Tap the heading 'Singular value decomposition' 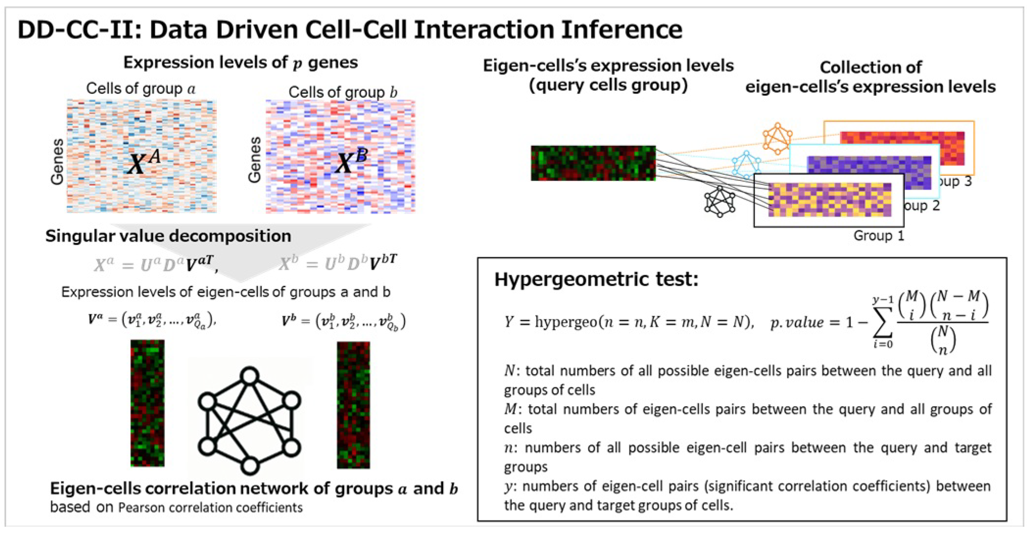click(168, 236)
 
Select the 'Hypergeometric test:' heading click(596, 279)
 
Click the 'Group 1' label click(879, 236)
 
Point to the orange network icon click(777, 139)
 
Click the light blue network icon click(746, 164)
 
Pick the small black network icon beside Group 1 click(720, 202)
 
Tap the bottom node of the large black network click(250, 466)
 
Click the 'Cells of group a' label click(141, 89)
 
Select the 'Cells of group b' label click(343, 92)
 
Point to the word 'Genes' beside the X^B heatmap click(254, 160)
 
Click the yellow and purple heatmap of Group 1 click(829, 200)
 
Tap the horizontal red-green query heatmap click(593, 163)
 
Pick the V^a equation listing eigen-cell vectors click(152, 321)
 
